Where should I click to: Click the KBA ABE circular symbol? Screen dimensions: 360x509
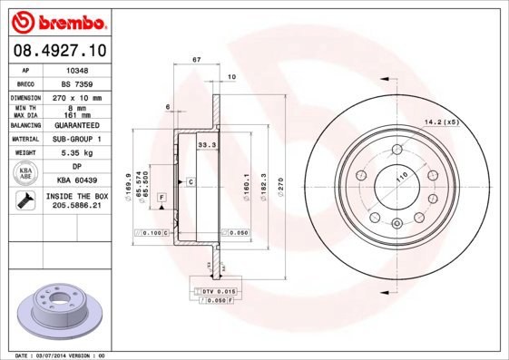(26, 173)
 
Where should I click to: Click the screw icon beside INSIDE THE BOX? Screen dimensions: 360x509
(26, 199)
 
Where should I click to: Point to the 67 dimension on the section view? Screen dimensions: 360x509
(197, 60)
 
